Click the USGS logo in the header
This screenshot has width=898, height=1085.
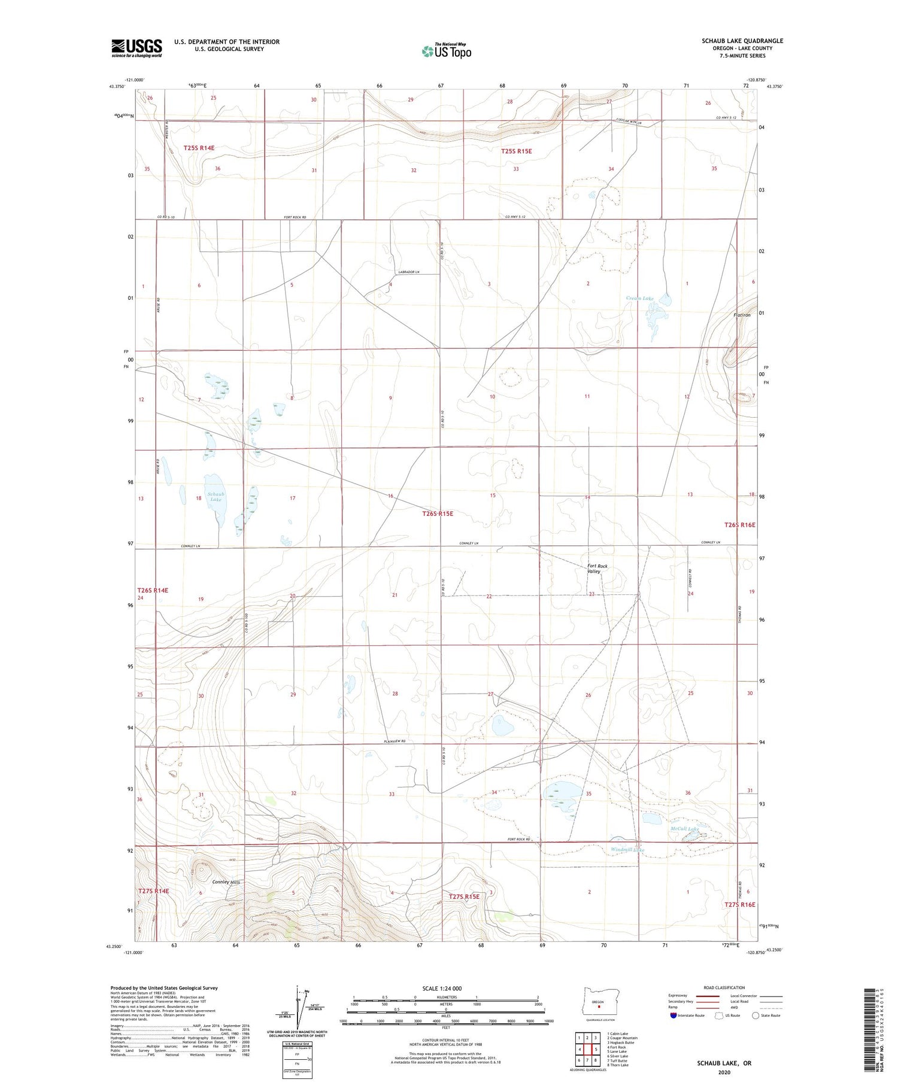tap(136, 48)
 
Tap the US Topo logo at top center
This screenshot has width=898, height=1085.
tap(446, 51)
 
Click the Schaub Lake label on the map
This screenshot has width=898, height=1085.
tap(216, 497)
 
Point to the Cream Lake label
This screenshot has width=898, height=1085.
tap(640, 298)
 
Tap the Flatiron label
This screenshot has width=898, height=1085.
tap(742, 315)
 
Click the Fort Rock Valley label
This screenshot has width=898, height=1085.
tap(597, 569)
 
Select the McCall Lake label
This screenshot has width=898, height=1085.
tap(684, 829)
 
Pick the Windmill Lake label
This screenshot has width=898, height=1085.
tap(627, 850)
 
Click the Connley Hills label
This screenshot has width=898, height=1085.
tap(226, 882)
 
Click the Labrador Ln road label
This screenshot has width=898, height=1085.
tap(409, 272)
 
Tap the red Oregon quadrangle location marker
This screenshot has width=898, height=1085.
tap(599, 1005)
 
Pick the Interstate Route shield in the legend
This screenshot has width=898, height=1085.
tap(674, 1015)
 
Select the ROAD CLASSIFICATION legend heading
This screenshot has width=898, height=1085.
tap(724, 987)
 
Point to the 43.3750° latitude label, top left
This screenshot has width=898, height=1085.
tap(117, 87)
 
